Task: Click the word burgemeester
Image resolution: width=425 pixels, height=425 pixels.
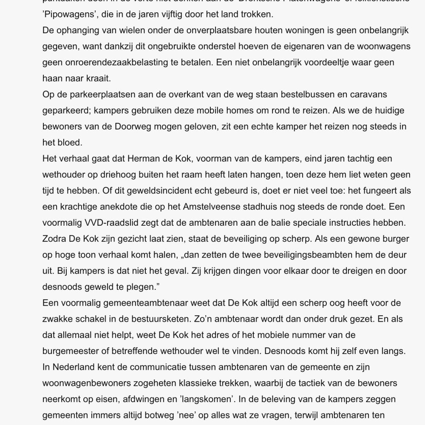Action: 78,350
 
